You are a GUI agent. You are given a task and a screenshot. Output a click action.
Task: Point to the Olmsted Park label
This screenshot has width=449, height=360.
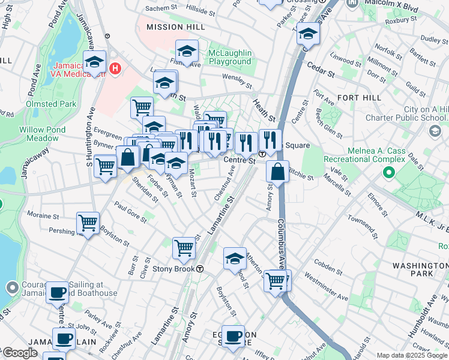pos(51,104)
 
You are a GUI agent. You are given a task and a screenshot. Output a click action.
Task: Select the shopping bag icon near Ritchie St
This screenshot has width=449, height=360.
pos(278,172)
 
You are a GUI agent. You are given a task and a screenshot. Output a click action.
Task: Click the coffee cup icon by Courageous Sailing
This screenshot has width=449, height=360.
pos(58,292)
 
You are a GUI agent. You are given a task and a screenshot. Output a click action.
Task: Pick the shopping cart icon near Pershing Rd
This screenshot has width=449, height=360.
pos(88,223)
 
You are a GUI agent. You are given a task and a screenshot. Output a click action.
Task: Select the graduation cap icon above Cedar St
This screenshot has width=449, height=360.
pos(308,35)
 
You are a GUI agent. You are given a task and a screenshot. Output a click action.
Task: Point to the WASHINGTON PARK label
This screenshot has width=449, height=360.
pos(413,269)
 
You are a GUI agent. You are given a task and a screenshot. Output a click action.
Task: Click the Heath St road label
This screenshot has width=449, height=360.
pos(264,109)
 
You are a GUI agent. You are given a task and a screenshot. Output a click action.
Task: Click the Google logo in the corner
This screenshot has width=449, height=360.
pos(19,353)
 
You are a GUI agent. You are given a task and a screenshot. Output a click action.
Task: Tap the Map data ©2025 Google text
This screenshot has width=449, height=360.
pos(411,355)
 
